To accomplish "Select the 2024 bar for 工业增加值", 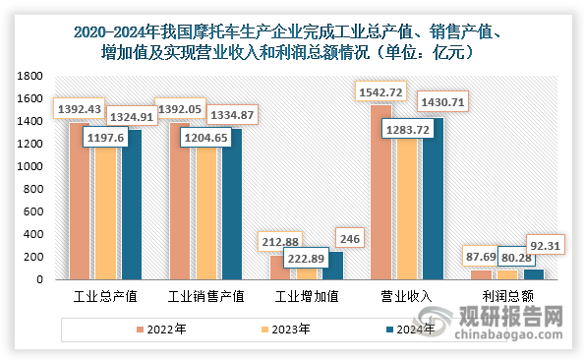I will click(x=335, y=267).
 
